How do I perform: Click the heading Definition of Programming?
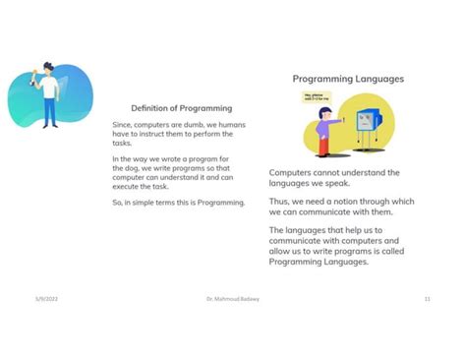[181, 108]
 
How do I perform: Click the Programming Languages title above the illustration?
[348, 79]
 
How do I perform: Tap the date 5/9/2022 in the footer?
[47, 297]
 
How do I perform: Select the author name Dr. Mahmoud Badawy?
[231, 297]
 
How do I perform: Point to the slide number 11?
[428, 297]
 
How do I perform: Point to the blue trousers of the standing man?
[49, 113]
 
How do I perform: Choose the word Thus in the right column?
[280, 202]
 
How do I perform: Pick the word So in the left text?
[117, 203]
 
